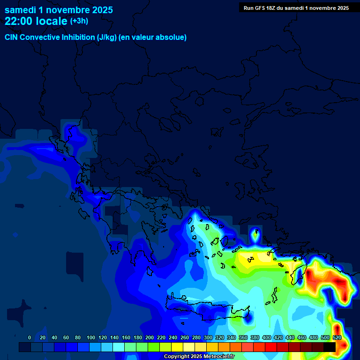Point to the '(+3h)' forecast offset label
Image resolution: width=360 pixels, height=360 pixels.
click(79, 21)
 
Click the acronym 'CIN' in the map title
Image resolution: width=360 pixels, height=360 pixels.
click(12, 37)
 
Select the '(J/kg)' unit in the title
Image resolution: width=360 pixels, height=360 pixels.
click(106, 37)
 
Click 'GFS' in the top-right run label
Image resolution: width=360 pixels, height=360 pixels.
click(258, 8)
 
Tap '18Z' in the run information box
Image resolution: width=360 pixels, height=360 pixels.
click(272, 8)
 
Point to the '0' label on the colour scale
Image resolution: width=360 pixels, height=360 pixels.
click(30, 337)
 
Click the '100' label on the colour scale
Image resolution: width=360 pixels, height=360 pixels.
click(91, 337)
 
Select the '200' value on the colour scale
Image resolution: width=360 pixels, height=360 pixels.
click(150, 337)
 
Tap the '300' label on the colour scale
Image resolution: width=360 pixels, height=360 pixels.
click(208, 337)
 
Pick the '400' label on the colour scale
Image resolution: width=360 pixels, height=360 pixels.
click(267, 337)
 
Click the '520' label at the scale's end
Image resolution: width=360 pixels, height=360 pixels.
click(337, 337)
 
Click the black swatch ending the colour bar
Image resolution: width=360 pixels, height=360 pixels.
click(330, 347)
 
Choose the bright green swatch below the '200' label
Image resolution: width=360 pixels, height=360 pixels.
click(154, 347)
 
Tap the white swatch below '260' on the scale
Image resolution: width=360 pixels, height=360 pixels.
click(189, 347)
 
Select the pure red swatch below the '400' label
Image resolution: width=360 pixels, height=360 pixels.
click(271, 347)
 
